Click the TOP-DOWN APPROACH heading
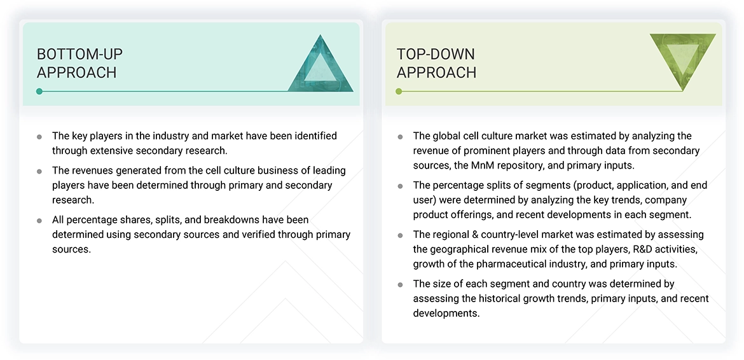(x=436, y=63)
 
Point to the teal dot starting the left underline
(x=39, y=92)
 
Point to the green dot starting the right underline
(x=399, y=92)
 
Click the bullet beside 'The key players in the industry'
(x=39, y=137)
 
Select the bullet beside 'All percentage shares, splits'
(x=39, y=221)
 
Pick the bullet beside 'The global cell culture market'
(x=400, y=137)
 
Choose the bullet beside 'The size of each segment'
(x=400, y=284)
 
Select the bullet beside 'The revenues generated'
(x=39, y=171)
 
